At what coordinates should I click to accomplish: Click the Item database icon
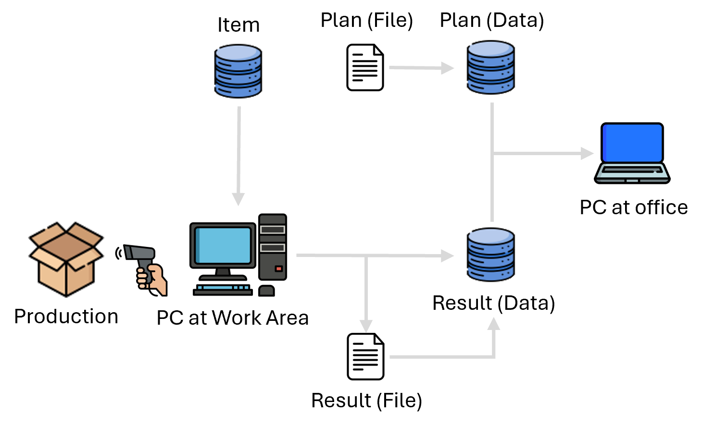238,71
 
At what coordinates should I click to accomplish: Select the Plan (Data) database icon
490,67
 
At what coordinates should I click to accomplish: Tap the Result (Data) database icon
490,255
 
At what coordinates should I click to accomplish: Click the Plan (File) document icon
365,67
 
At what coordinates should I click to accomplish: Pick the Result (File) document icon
365,356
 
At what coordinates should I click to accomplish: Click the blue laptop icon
632,153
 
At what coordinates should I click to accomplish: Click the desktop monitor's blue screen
223,245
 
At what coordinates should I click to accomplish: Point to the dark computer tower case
273,247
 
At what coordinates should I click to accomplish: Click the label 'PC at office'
633,207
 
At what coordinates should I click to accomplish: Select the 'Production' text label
66,317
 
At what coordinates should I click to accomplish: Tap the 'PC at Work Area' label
233,318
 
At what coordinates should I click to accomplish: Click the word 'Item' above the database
238,25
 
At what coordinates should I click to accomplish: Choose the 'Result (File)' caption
367,401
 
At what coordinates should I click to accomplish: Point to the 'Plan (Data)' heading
492,20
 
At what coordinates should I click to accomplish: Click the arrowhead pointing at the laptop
587,154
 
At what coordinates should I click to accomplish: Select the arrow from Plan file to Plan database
421,68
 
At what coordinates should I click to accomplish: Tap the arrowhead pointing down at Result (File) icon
366,326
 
